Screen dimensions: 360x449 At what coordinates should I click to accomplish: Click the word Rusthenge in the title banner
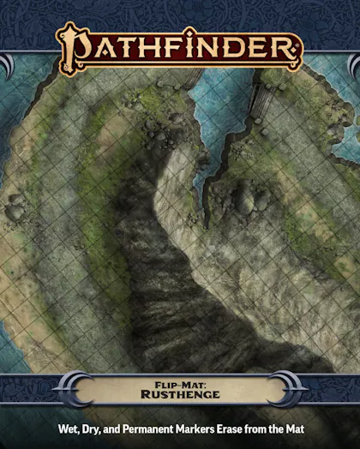[x=179, y=395]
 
